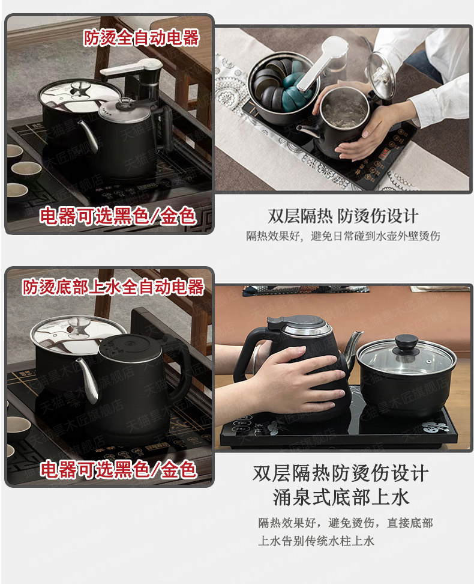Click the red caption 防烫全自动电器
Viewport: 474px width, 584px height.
[x=142, y=38]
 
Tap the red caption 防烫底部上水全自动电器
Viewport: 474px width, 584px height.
[x=113, y=287]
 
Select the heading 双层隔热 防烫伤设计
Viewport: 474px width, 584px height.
[x=343, y=216]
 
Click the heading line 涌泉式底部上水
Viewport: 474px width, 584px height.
[x=341, y=497]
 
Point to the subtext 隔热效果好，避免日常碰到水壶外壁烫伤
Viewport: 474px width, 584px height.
[x=343, y=236]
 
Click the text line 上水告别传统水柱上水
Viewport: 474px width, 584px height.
[x=316, y=541]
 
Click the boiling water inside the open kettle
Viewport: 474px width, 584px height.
[x=344, y=109]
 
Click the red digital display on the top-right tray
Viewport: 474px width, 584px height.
[x=383, y=153]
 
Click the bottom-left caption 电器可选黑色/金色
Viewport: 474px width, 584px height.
[x=118, y=469]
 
